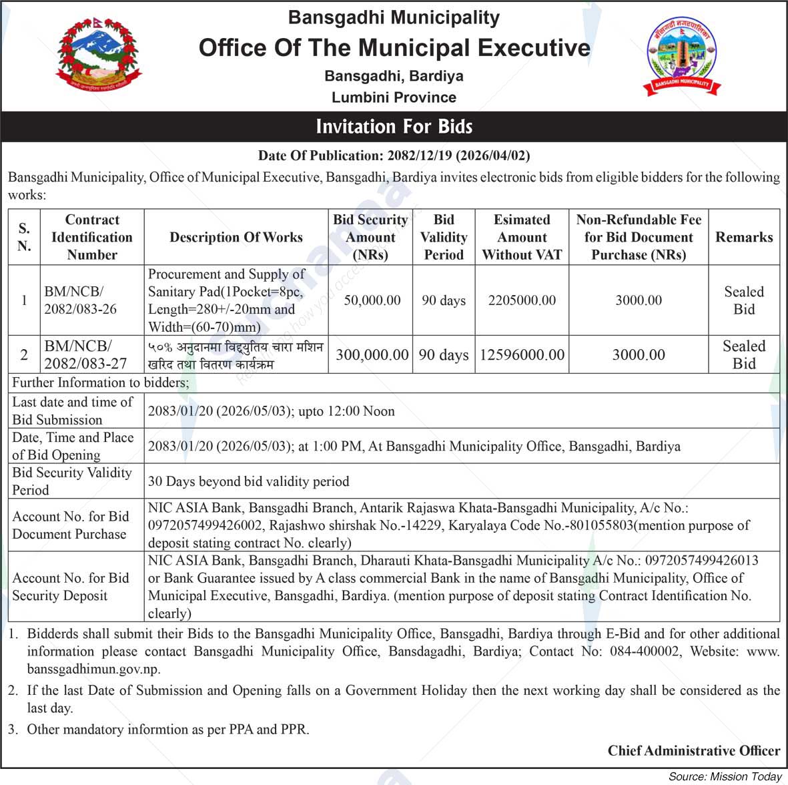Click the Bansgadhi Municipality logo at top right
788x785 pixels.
click(681, 56)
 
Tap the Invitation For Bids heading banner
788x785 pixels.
click(394, 126)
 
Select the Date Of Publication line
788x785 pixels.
click(394, 156)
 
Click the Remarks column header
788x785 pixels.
click(744, 237)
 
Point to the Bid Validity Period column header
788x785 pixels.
click(444, 237)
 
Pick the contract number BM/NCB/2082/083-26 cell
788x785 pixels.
click(81, 300)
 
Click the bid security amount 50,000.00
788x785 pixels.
click(372, 300)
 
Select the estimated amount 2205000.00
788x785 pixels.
click(522, 300)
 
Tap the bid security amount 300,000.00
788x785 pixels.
click(372, 354)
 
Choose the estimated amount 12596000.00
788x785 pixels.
click(522, 354)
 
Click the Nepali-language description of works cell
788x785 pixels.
click(236, 355)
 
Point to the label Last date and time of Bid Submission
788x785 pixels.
click(72, 411)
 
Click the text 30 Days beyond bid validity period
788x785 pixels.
click(248, 481)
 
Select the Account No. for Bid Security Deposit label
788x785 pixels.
click(71, 587)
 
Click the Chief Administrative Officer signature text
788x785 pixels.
click(693, 751)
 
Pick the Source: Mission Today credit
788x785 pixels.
click(725, 776)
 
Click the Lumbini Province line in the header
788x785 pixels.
click(394, 97)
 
